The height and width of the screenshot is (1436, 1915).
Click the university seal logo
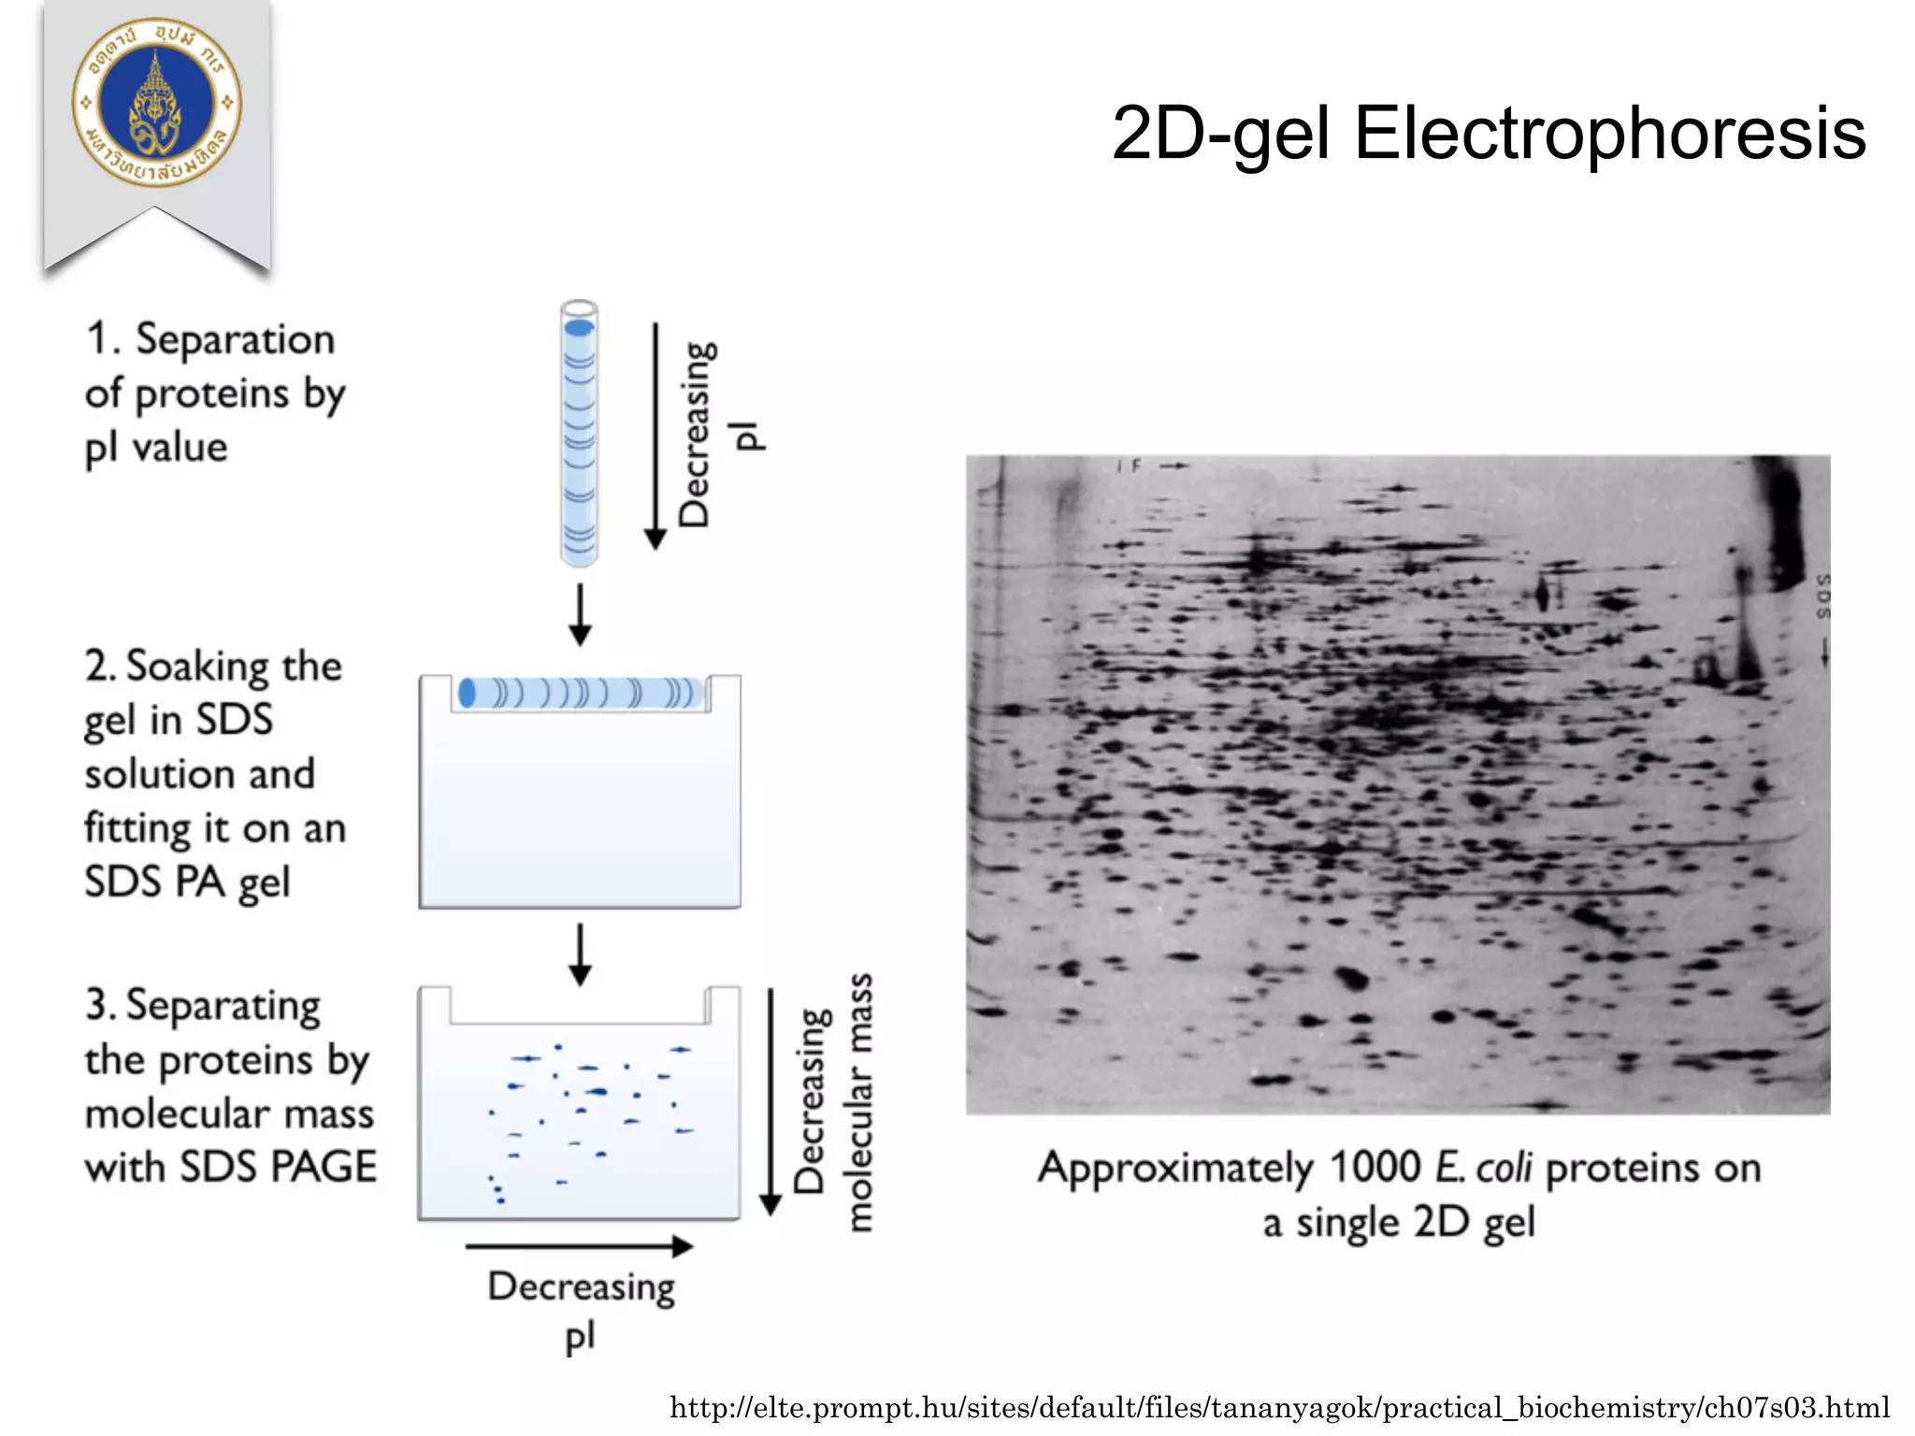click(156, 102)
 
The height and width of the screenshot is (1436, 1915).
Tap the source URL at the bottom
click(1279, 1407)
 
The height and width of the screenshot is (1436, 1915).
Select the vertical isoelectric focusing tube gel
click(579, 435)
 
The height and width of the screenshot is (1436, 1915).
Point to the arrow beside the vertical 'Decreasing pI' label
click(655, 436)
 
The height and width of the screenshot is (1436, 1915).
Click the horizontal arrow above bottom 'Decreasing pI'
click(579, 1246)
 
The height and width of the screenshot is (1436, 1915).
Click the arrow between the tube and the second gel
click(580, 615)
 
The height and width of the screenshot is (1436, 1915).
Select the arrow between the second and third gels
click(580, 955)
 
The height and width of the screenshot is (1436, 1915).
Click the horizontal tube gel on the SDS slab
click(580, 694)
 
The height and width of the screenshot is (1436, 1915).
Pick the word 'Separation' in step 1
click(235, 339)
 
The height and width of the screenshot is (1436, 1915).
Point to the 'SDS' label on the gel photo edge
click(1822, 596)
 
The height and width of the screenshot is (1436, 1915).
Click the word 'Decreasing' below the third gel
click(581, 1288)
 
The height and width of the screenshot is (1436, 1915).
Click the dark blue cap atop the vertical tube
click(579, 327)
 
